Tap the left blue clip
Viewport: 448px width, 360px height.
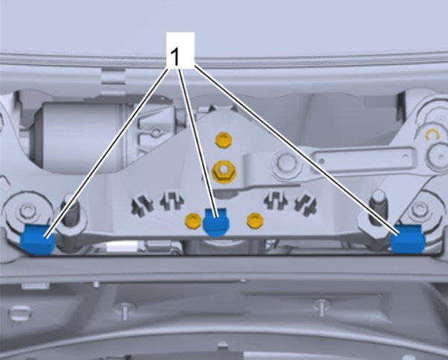click(37, 239)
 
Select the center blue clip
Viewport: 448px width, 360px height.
click(215, 222)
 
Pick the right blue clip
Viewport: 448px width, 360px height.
click(408, 239)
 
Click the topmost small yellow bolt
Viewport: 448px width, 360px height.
click(223, 140)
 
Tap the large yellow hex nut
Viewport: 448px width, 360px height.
click(224, 171)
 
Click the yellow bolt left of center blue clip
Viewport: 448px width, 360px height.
click(193, 221)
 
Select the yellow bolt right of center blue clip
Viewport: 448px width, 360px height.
click(255, 221)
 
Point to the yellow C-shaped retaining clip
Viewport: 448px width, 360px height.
click(432, 135)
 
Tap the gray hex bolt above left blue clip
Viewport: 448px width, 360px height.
click(28, 211)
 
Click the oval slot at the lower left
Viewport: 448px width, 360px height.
click(19, 313)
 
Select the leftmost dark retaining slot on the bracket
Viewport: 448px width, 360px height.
click(142, 205)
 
